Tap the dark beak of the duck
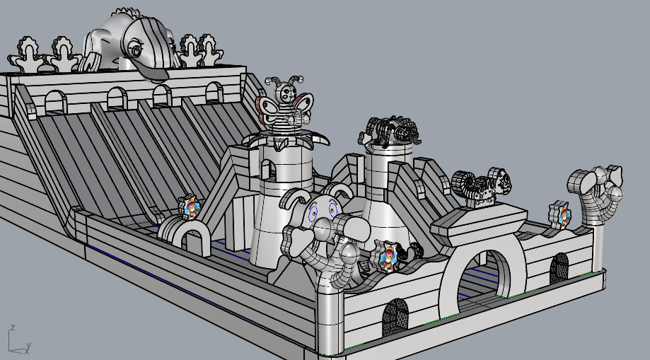coord(153,73)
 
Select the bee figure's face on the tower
coord(286,93)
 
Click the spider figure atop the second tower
coord(390,130)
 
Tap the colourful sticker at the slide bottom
coord(191,208)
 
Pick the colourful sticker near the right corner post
coord(562,215)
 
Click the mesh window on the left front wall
coord(395,318)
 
